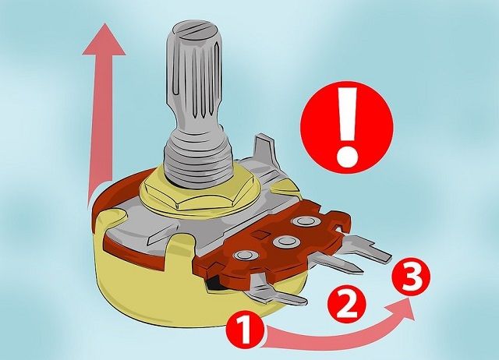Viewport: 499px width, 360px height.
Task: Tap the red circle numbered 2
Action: tap(347, 302)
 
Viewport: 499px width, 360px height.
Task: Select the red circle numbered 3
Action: tap(412, 277)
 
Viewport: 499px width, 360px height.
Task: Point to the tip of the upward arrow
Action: tap(104, 23)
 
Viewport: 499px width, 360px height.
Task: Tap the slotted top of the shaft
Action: tap(194, 30)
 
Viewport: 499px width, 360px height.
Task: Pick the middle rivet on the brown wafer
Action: tap(282, 242)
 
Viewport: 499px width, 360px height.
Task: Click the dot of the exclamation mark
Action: tap(348, 157)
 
